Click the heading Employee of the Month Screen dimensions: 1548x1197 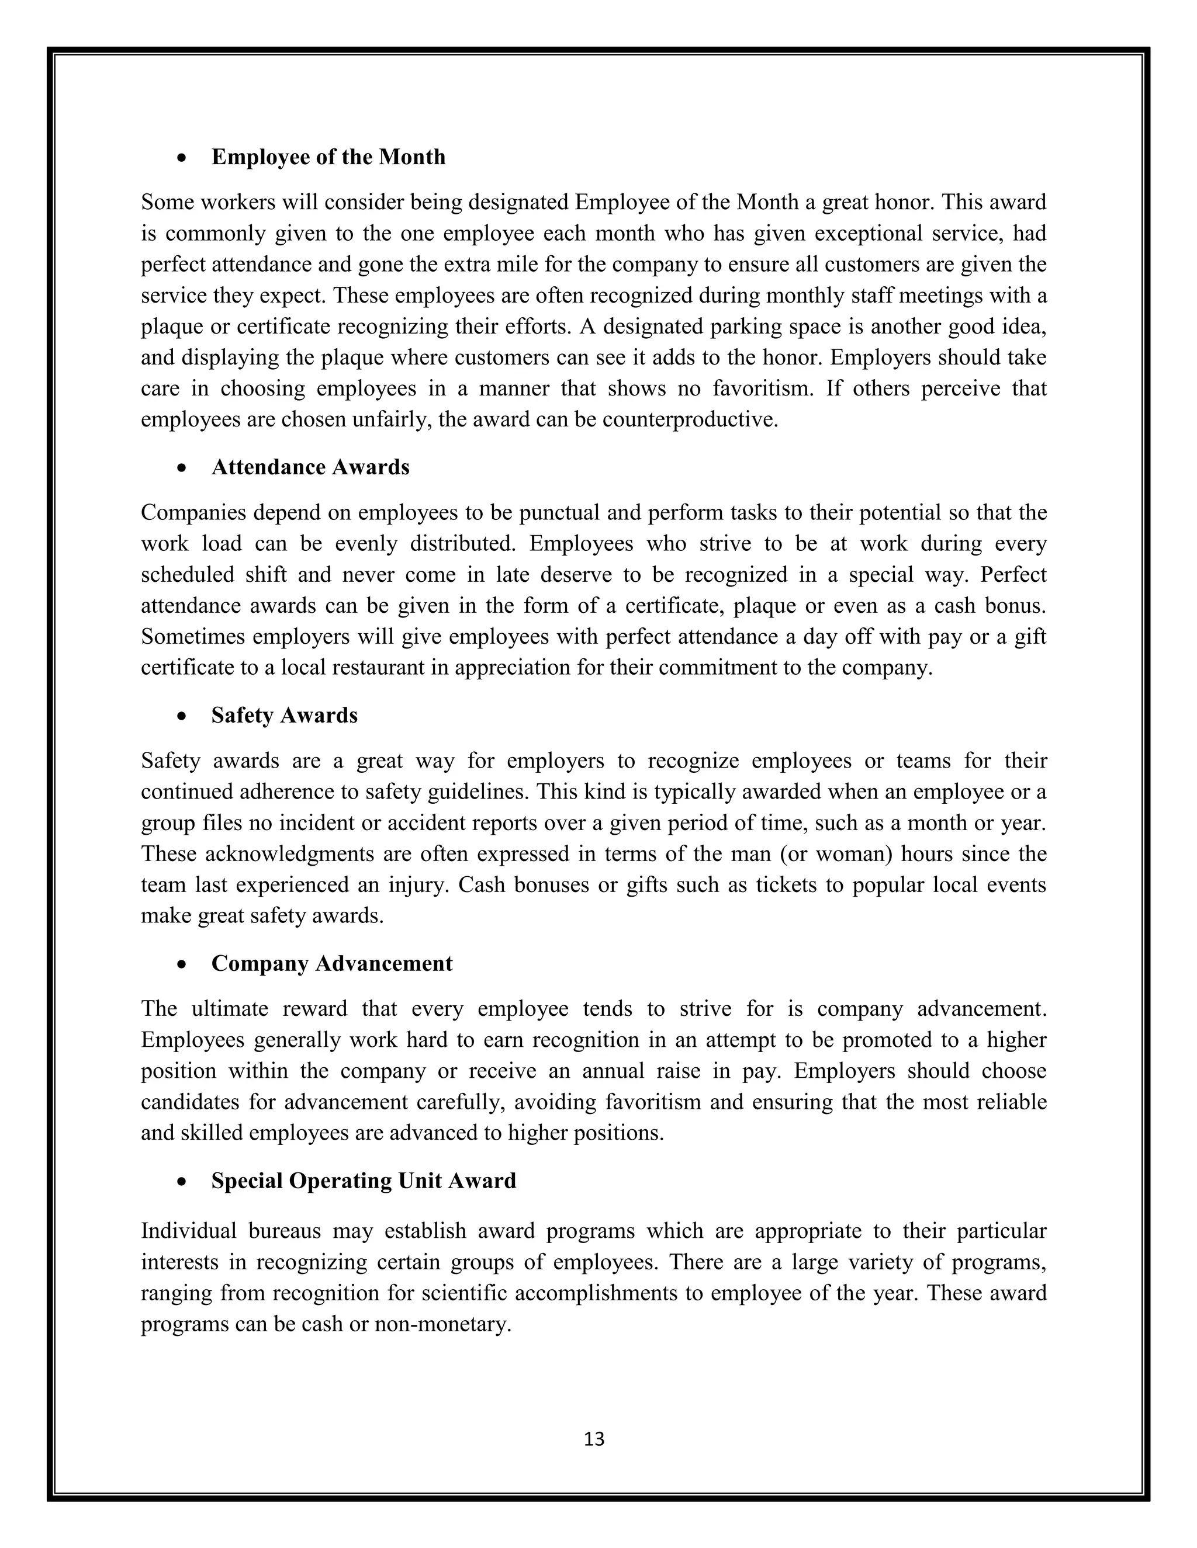(328, 157)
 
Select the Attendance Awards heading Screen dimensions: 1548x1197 (310, 467)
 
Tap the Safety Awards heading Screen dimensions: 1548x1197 (285, 715)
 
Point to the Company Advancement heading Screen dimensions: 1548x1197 (331, 963)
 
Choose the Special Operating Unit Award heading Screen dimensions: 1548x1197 (363, 1181)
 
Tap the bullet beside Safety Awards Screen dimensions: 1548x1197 (183, 717)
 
